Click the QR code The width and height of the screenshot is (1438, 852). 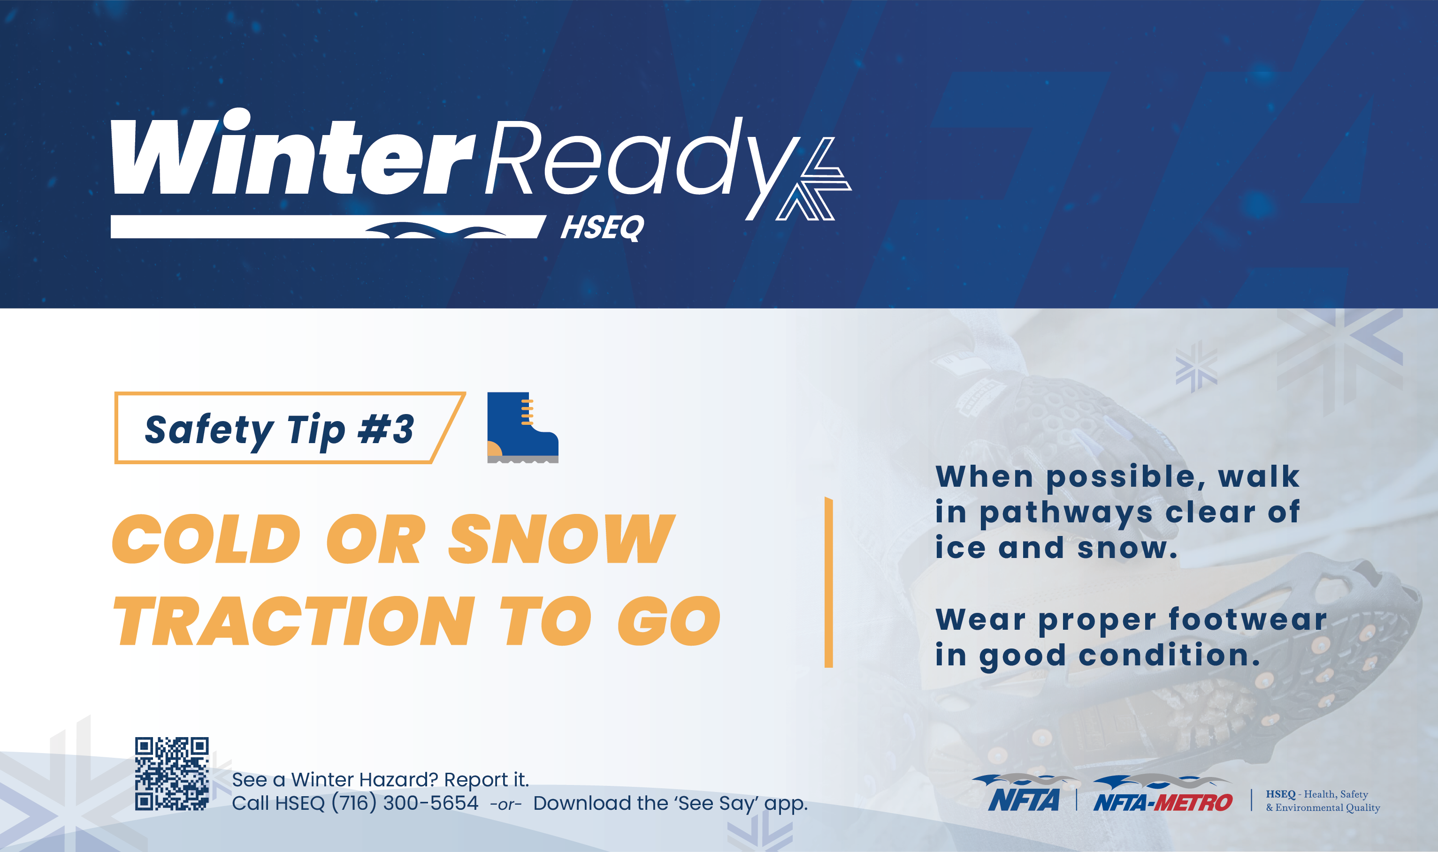pyautogui.click(x=172, y=773)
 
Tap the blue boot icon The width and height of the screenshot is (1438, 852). pyautogui.click(x=523, y=427)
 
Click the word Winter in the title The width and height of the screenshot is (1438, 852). pyautogui.click(x=293, y=152)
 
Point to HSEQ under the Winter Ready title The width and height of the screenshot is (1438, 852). pyautogui.click(x=602, y=227)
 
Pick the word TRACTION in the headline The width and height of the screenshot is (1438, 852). pyautogui.click(x=295, y=621)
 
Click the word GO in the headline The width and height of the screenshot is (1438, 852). pyautogui.click(x=669, y=621)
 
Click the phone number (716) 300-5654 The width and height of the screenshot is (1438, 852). pyautogui.click(x=405, y=803)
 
